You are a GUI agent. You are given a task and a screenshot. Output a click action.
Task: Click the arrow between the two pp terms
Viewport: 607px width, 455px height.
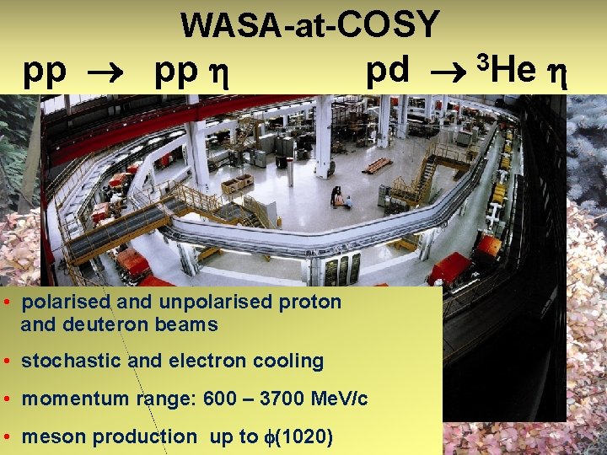(x=110, y=74)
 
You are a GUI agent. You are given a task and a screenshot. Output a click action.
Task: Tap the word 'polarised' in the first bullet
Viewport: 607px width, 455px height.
(x=67, y=302)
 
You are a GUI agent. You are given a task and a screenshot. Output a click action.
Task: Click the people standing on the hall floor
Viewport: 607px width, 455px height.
(x=341, y=198)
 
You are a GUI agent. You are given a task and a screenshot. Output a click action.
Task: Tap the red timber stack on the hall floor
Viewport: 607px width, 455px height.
(x=376, y=165)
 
